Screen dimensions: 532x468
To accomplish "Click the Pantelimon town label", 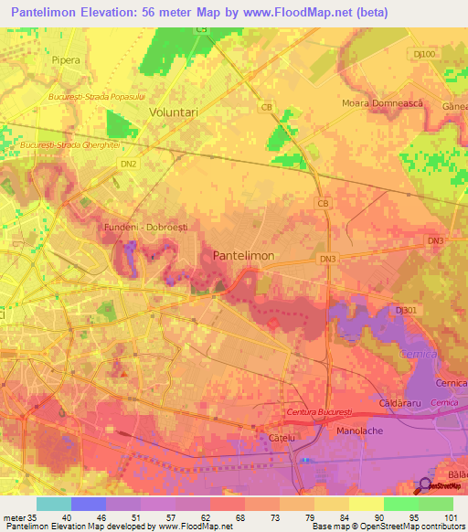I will click(x=243, y=257).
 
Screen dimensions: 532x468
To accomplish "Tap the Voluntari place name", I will click(x=174, y=111).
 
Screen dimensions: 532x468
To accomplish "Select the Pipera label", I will click(x=66, y=59).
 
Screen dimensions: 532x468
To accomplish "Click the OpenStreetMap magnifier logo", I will click(x=427, y=485).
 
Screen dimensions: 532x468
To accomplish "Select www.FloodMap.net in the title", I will click(x=287, y=13).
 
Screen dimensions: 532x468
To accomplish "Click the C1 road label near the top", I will click(x=202, y=30).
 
